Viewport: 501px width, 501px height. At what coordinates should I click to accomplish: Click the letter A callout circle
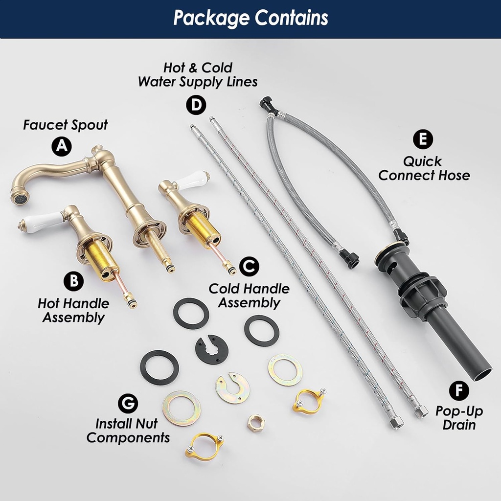click(62, 146)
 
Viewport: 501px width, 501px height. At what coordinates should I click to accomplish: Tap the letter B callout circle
click(74, 281)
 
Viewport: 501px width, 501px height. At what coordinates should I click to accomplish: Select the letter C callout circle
click(249, 266)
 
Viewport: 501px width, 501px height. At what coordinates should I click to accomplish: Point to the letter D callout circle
click(196, 105)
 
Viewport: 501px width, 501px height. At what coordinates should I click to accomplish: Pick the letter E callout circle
click(423, 139)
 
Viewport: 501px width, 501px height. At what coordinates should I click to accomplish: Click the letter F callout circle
click(459, 390)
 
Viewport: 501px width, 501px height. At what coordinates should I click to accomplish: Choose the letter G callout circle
click(128, 403)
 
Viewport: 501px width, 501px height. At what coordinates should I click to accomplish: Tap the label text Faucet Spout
click(66, 125)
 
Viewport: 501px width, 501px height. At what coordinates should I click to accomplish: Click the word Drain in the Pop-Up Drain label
click(459, 425)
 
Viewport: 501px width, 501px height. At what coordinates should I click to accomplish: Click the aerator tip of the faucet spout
click(20, 198)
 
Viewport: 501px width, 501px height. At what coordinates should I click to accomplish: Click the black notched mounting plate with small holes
click(211, 349)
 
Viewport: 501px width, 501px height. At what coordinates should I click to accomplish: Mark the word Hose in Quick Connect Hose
click(453, 175)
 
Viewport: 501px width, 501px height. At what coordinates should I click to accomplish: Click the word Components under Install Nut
click(128, 438)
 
